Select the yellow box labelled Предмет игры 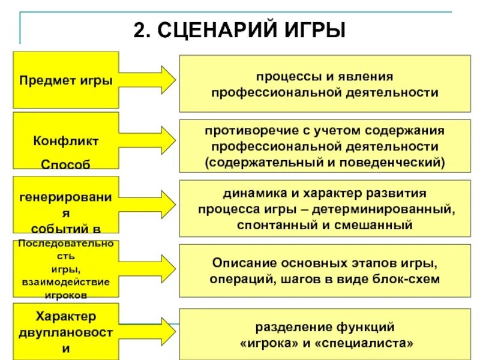[66, 79]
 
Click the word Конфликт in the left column [66, 142]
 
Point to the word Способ [66, 164]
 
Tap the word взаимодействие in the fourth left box [66, 281]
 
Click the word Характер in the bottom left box [66, 316]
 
